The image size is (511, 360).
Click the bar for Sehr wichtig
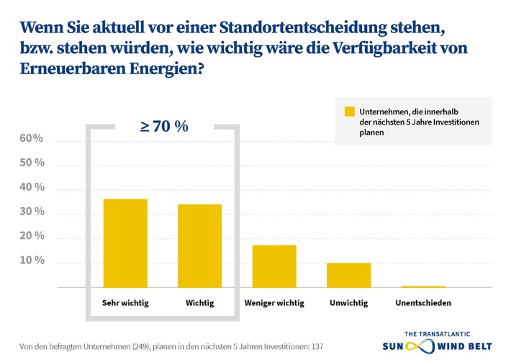tap(125, 243)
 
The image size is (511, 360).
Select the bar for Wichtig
tap(199, 246)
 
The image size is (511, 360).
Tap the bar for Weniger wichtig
tap(273, 266)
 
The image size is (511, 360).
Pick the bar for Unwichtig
tap(348, 275)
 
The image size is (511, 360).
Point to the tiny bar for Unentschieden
tap(423, 287)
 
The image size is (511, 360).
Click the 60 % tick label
tap(32, 138)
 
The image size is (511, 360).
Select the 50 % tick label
tap(32, 163)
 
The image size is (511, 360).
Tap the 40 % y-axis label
tap(32, 187)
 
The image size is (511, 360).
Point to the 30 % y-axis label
tap(32, 212)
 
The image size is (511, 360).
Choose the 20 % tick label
tap(32, 236)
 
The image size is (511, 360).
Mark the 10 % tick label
tap(32, 261)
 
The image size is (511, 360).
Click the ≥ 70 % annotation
tap(163, 127)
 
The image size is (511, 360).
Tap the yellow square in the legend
tap(350, 112)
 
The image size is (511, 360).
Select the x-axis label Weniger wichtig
tap(274, 303)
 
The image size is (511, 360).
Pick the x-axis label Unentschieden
tap(423, 303)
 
